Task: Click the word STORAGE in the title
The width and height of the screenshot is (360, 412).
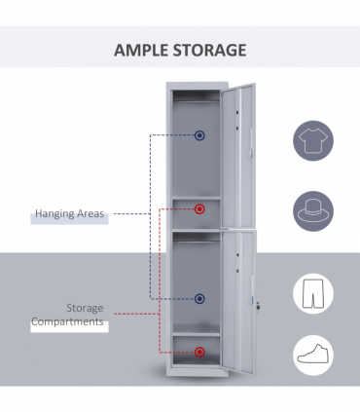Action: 209,50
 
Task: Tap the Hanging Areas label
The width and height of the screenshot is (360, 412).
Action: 69,213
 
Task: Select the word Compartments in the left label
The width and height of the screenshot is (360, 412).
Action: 68,321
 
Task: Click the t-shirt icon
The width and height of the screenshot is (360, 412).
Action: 313,141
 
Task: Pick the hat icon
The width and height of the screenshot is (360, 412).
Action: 313,209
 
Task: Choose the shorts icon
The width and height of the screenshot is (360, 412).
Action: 313,293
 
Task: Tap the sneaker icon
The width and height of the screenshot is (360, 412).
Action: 313,356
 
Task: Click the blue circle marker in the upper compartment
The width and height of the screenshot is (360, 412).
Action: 199,135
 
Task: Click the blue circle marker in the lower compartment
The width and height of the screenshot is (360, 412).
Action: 199,299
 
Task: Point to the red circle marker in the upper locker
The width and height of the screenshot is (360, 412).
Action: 199,208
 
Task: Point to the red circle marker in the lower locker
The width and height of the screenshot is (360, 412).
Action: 199,351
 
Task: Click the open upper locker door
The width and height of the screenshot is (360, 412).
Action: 239,156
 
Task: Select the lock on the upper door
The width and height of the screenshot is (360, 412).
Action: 251,153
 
